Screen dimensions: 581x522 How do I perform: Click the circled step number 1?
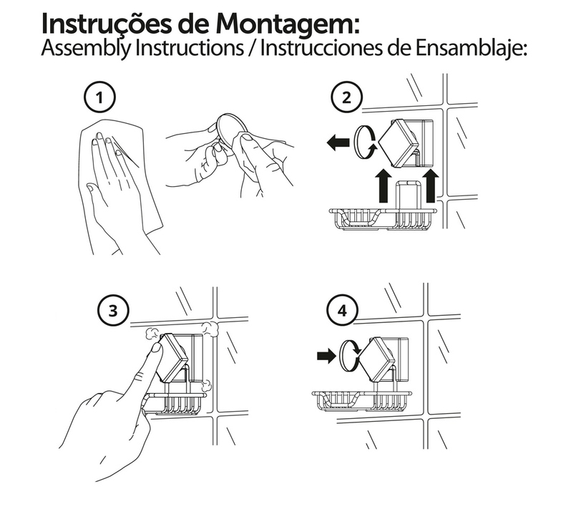click(99, 98)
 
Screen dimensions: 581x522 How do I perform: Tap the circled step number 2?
click(346, 98)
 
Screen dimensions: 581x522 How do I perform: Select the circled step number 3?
click(113, 310)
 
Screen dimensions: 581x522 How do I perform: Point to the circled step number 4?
click(342, 310)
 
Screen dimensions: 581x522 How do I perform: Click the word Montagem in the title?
click(288, 24)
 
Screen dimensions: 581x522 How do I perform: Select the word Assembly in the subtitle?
click(86, 49)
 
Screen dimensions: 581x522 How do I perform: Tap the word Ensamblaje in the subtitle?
click(471, 49)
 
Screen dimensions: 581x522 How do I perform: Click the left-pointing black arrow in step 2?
click(338, 142)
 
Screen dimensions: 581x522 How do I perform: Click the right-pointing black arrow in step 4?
click(326, 357)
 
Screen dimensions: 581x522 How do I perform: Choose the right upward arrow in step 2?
click(430, 185)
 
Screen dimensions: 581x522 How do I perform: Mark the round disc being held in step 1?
click(231, 132)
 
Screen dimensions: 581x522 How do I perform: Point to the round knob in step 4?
click(349, 356)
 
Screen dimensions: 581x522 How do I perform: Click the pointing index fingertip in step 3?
click(157, 347)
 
